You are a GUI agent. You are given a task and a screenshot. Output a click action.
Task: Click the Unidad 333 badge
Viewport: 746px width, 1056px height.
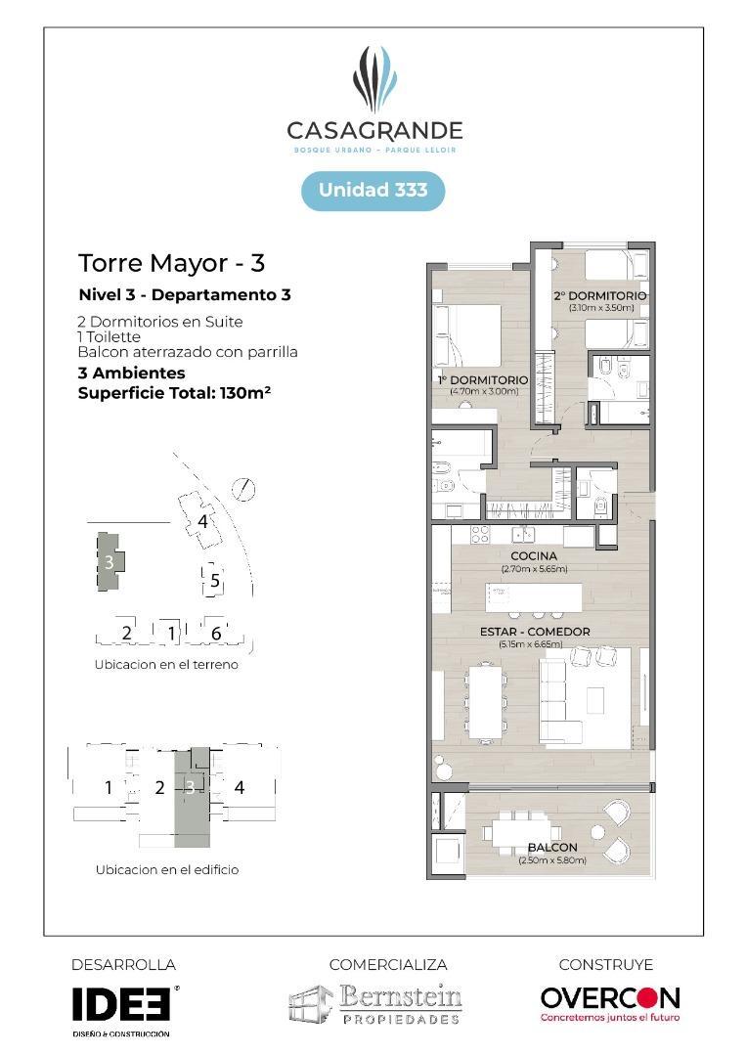pyautogui.click(x=373, y=190)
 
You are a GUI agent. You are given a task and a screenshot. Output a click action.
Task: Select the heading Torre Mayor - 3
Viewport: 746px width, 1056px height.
pyautogui.click(x=171, y=263)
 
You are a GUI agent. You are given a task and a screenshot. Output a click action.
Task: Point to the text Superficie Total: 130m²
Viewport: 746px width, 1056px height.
pyautogui.click(x=173, y=393)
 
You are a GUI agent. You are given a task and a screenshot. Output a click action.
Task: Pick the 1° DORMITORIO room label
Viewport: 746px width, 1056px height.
pyautogui.click(x=483, y=379)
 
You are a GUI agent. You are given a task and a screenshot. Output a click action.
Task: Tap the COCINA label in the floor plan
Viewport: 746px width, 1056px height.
pyautogui.click(x=533, y=556)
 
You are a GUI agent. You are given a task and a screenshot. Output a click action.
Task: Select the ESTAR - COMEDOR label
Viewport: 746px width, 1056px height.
pyautogui.click(x=534, y=632)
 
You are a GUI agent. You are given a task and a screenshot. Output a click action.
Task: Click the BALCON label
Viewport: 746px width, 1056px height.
pyautogui.click(x=552, y=847)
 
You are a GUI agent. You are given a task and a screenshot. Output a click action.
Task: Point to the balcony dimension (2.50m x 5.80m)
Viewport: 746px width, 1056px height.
pyautogui.click(x=552, y=860)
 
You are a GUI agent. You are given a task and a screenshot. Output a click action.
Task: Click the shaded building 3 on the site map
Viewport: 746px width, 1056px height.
pyautogui.click(x=108, y=562)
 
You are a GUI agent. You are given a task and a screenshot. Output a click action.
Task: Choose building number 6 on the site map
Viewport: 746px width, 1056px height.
pyautogui.click(x=216, y=634)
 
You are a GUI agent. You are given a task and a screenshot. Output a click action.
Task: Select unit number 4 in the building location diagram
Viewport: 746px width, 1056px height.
pyautogui.click(x=240, y=787)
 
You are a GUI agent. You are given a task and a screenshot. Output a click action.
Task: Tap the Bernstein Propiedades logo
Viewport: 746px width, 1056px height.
pyautogui.click(x=375, y=1004)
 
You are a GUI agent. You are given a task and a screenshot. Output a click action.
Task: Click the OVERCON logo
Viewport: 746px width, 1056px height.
pyautogui.click(x=609, y=998)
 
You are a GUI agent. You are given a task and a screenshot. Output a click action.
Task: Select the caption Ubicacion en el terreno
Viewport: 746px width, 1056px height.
pyautogui.click(x=166, y=665)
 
